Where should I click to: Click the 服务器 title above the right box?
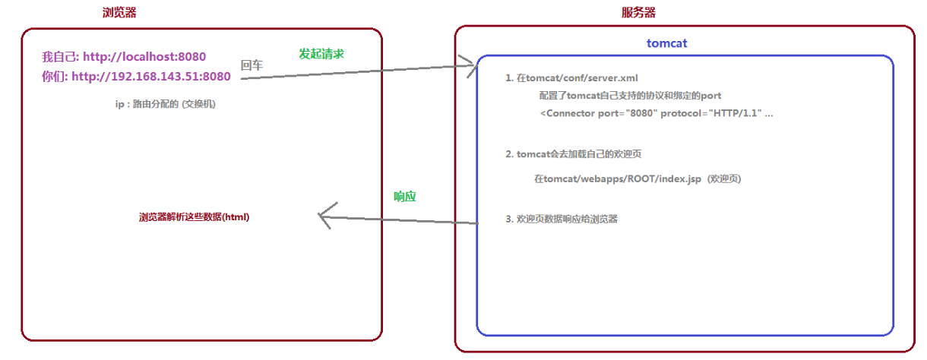click(638, 12)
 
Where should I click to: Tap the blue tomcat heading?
click(667, 43)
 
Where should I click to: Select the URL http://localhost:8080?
click(144, 56)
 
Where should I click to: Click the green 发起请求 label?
click(321, 54)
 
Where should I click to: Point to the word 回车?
click(252, 66)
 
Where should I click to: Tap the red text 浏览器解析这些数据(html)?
click(195, 216)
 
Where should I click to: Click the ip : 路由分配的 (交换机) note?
click(165, 105)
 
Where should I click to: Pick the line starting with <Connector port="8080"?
click(656, 112)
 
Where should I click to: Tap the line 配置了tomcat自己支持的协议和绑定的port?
click(630, 96)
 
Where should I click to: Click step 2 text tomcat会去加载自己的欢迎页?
click(573, 154)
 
